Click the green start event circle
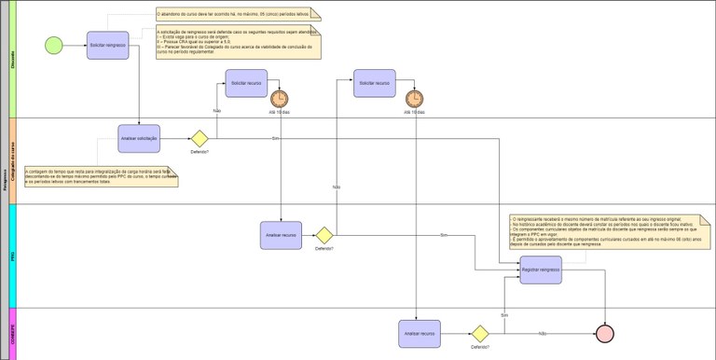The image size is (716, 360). click(53, 45)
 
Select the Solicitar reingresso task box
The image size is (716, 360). click(107, 45)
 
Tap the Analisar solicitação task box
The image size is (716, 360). click(139, 138)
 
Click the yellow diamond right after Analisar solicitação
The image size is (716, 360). click(200, 139)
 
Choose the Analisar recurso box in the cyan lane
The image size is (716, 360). click(281, 235)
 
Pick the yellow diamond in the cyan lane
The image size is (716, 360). click(324, 235)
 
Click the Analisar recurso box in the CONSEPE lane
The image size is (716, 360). click(420, 333)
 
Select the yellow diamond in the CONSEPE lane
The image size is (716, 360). click(480, 333)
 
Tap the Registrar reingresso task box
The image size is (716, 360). click(541, 270)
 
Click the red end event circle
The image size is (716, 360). click(606, 333)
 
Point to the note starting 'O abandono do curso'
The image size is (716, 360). click(237, 14)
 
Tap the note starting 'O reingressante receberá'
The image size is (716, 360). click(608, 232)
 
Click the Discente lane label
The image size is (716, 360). click(12, 62)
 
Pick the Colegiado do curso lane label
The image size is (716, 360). click(12, 160)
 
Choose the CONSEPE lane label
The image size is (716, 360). click(12, 333)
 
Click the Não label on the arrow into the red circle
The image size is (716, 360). click(542, 333)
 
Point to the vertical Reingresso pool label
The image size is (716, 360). click(4, 180)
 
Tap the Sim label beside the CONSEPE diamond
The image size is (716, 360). click(504, 315)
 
